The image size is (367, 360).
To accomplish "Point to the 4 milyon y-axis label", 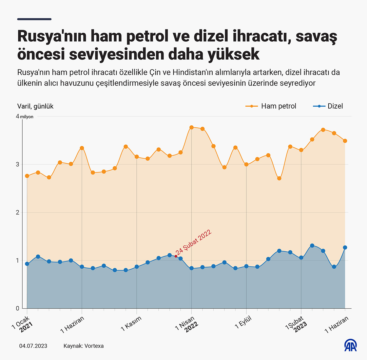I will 25,117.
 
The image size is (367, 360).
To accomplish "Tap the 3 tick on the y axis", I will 18,164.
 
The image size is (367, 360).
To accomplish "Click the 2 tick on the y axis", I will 18,212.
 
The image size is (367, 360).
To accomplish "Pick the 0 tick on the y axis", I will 18,308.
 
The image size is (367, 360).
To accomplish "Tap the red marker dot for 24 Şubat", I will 176,256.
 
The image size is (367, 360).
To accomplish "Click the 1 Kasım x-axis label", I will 132,323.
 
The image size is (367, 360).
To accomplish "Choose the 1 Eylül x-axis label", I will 243,322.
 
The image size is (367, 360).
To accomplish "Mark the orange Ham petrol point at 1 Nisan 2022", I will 192,127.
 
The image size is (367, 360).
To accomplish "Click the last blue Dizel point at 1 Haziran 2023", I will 345,247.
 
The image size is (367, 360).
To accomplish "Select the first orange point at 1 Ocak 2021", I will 27,176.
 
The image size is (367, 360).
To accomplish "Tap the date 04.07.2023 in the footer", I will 33,346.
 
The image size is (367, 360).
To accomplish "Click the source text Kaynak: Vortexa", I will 83,346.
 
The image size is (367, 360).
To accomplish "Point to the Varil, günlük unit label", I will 35,106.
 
